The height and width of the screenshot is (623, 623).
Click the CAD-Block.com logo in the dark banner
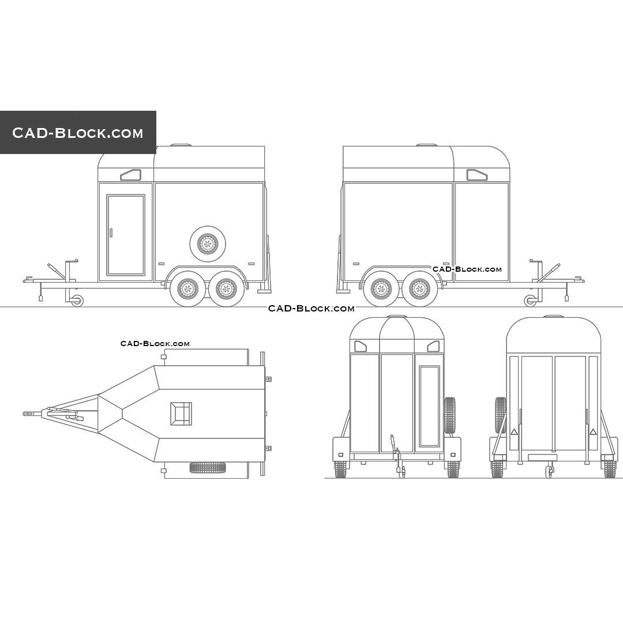click(78, 133)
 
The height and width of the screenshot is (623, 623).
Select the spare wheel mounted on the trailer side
click(208, 243)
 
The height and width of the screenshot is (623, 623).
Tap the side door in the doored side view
click(126, 235)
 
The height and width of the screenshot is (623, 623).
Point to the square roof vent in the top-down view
click(181, 414)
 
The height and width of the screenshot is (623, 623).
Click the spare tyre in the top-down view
click(208, 467)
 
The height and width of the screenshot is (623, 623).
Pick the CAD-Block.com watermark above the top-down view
click(155, 344)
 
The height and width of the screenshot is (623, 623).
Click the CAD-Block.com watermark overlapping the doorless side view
click(467, 269)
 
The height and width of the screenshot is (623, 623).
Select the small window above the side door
click(131, 175)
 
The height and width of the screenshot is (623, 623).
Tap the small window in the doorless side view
click(476, 175)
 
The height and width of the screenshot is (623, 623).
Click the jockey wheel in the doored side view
click(77, 301)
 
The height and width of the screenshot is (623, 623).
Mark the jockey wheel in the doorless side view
click(530, 301)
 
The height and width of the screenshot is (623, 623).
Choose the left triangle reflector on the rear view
click(513, 431)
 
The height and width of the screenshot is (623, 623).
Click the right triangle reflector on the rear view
click(593, 431)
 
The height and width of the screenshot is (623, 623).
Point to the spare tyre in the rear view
click(500, 415)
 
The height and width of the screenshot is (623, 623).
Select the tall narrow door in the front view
click(429, 406)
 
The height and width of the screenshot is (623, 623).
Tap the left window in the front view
click(361, 346)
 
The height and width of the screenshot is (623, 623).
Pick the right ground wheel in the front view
click(453, 469)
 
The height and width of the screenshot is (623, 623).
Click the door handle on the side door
click(111, 232)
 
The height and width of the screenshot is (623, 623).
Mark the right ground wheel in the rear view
click(610, 469)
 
